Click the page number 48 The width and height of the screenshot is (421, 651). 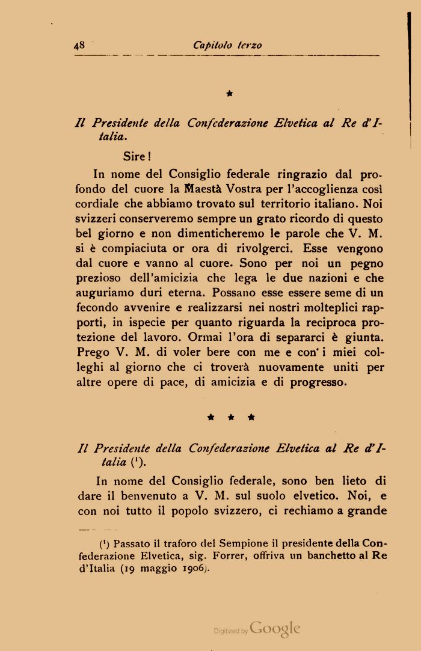79,45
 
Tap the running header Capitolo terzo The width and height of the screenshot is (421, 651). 227,45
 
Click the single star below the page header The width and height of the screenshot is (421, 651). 229,93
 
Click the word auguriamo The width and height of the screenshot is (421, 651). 104,293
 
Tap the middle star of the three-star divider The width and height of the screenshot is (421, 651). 229,416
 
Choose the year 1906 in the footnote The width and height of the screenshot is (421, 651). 194,569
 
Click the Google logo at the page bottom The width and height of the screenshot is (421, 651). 275,629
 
